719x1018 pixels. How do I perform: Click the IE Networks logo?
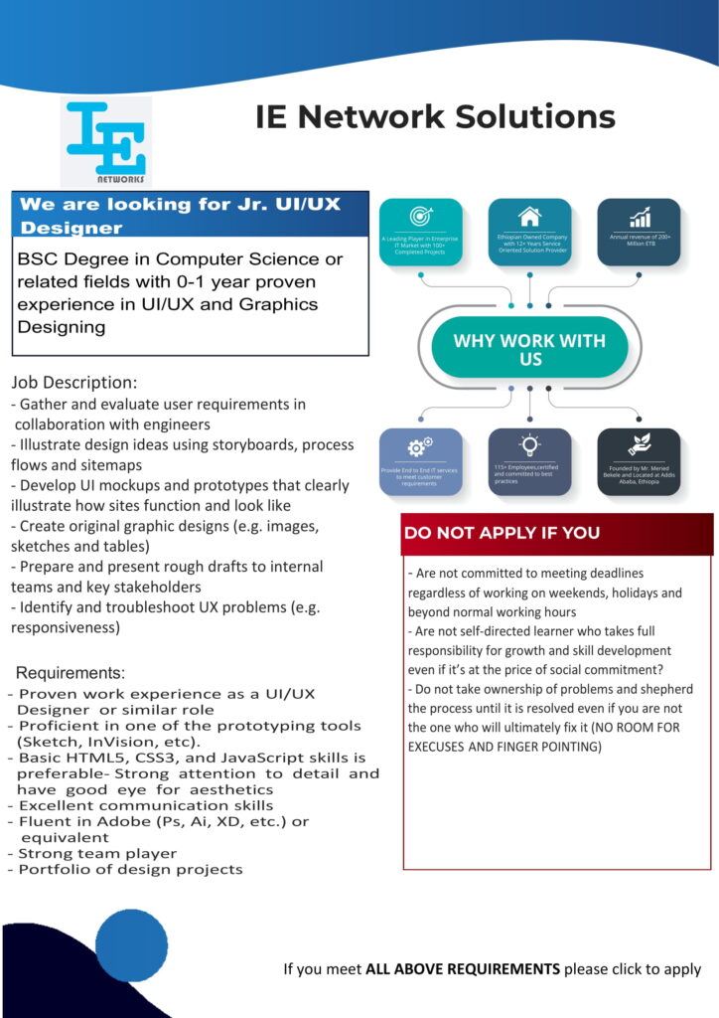[106, 142]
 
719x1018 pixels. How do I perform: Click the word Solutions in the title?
[536, 116]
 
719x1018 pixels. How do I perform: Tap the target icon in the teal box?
[421, 217]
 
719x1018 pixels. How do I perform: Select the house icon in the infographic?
[530, 216]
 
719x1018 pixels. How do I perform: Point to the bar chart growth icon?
[640, 217]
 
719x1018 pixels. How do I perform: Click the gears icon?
[420, 445]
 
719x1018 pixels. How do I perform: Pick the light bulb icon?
[530, 444]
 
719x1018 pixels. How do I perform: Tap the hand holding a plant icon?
[639, 445]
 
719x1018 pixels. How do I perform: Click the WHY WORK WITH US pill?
[529, 349]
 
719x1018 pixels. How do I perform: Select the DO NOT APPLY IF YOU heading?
[502, 533]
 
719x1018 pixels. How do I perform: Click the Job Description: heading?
[74, 383]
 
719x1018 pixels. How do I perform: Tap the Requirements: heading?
[71, 673]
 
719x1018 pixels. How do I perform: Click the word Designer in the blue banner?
[72, 228]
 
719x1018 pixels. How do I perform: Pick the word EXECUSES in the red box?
[436, 746]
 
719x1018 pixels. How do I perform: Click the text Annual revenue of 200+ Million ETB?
[639, 241]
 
